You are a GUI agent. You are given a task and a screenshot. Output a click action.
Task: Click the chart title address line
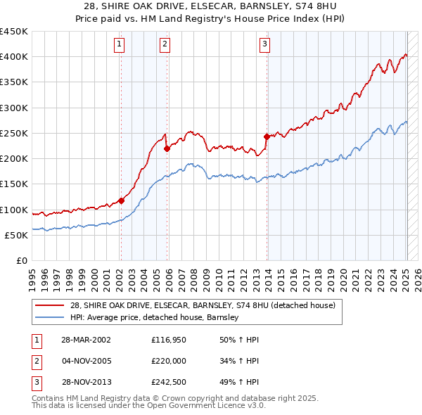point(211,6)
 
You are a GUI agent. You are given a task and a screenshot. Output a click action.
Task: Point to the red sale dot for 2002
point(121,200)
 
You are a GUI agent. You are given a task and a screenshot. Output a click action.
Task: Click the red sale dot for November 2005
point(167,148)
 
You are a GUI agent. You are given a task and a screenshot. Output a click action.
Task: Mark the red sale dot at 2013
point(267,136)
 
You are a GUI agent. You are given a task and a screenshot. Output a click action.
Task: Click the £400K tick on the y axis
point(14,57)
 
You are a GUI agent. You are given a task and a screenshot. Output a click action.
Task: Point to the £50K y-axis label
point(17,236)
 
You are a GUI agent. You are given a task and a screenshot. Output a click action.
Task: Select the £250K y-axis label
point(14,134)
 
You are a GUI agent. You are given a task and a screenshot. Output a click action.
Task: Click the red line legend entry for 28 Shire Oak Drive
point(203,305)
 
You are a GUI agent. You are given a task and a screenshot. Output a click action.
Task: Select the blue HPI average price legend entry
point(155,317)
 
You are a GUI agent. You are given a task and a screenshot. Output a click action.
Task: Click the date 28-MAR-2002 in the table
point(86,340)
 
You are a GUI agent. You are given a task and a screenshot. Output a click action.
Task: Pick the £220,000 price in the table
point(167,362)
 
